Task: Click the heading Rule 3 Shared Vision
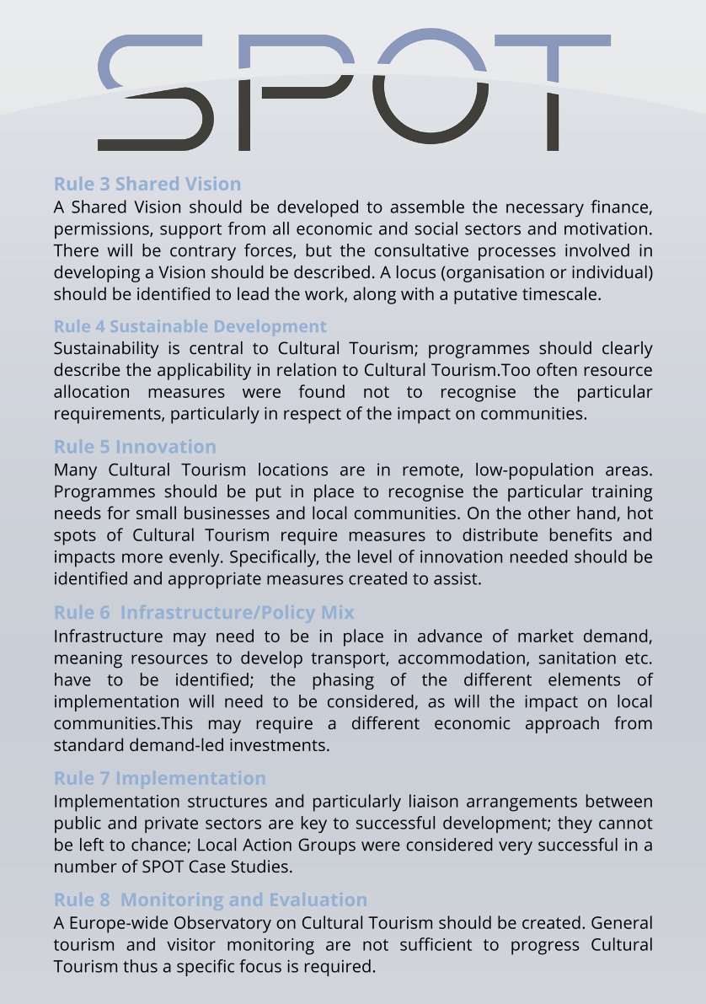click(147, 184)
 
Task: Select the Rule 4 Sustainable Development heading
click(190, 326)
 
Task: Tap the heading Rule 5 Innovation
click(135, 446)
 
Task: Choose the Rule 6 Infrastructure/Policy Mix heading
click(204, 612)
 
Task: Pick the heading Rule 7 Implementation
click(159, 777)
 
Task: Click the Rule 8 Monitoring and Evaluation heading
click(210, 899)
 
